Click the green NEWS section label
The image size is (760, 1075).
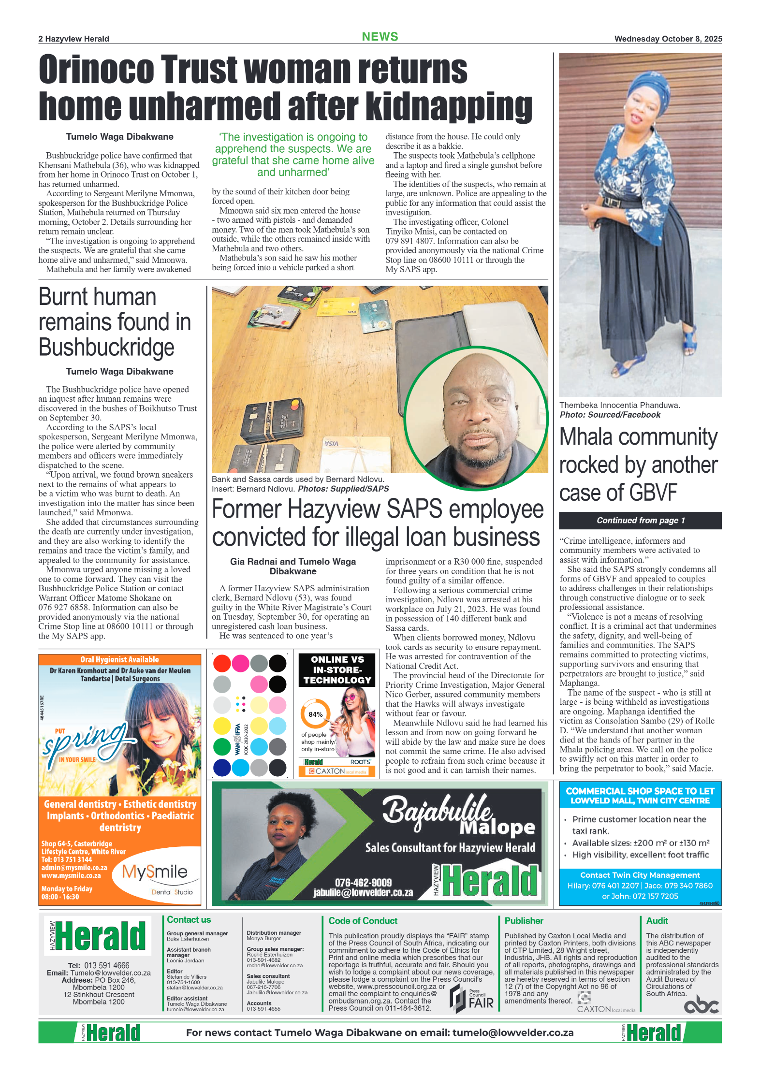[380, 37]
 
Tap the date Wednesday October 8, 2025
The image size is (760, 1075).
[668, 39]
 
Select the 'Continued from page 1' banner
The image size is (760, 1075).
[640, 520]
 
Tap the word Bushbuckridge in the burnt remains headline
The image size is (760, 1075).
[106, 347]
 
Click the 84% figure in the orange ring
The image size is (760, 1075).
[315, 714]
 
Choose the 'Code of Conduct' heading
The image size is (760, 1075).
[363, 921]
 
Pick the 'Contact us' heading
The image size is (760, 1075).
[189, 920]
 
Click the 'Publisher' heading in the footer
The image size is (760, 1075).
[524, 921]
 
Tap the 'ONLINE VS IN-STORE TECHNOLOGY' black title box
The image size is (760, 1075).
[337, 669]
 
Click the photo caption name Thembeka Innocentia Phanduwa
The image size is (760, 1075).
[619, 405]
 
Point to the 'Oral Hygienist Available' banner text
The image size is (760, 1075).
[119, 659]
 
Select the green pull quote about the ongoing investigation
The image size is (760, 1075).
[293, 155]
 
